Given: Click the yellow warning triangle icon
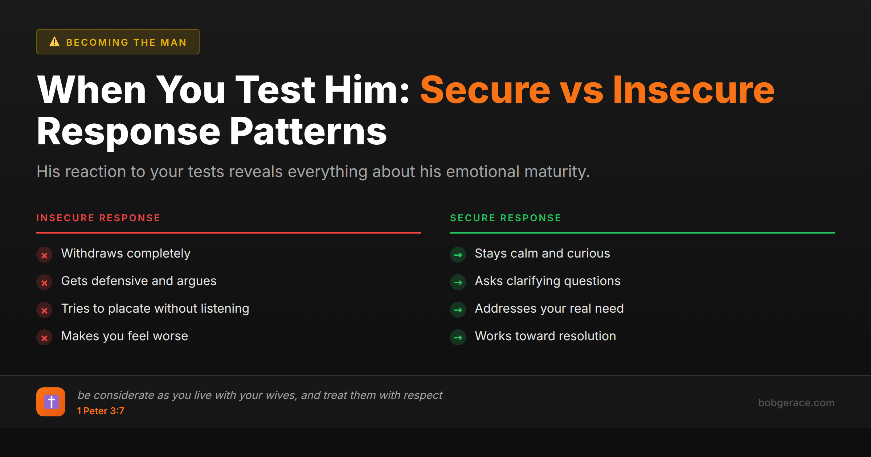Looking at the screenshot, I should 54,42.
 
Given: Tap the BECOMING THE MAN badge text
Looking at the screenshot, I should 126,42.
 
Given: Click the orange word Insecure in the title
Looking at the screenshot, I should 694,90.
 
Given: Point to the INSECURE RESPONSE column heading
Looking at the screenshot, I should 98,218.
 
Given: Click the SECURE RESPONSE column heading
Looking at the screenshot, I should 506,218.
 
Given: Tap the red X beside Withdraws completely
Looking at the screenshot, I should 44,255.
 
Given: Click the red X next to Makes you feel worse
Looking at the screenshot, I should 44,338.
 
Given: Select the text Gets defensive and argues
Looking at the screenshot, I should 139,281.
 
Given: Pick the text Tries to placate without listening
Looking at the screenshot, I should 155,309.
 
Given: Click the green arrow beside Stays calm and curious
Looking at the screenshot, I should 458,255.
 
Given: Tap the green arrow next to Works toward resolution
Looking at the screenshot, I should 458,338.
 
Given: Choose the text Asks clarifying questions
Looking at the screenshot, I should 548,281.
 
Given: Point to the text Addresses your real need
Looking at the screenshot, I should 549,309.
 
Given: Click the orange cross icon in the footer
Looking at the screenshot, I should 51,402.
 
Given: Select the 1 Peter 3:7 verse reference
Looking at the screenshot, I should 101,411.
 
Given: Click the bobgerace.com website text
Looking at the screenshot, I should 796,403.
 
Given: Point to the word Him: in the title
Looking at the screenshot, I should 367,90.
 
